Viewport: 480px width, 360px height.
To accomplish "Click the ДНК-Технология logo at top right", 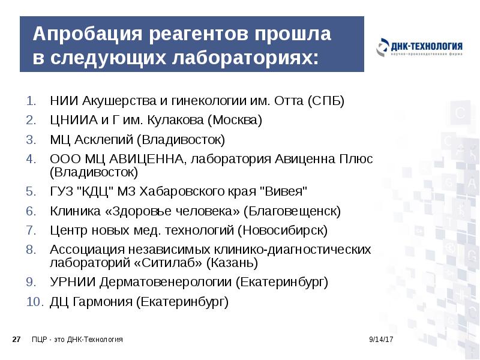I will pos(419,49).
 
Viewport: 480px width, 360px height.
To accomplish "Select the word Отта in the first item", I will pos(290,101).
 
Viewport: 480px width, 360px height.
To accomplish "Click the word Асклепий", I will pos(103,140).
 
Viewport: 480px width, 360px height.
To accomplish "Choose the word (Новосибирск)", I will pos(282,230).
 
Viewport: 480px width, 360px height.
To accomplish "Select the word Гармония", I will pos(103,301).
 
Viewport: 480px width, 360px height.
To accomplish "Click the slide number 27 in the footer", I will pos(17,340).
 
